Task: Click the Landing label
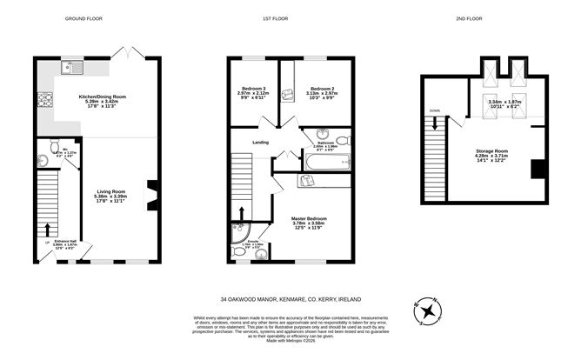pyautogui.click(x=260, y=143)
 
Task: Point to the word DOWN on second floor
pyautogui.click(x=433, y=110)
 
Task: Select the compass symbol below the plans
pyautogui.click(x=428, y=312)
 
